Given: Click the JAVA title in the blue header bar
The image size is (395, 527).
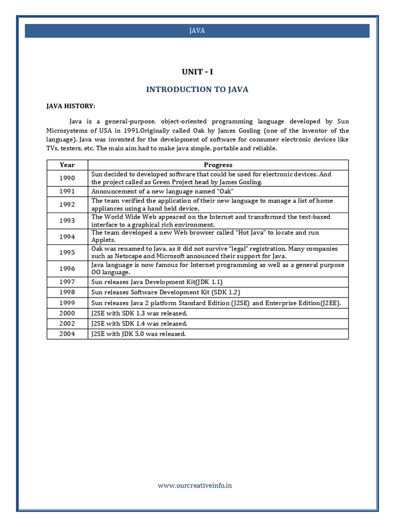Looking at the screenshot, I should tap(197, 30).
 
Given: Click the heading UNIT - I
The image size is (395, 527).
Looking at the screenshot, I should tap(197, 72).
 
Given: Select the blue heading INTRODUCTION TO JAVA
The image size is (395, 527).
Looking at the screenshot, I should tap(197, 90).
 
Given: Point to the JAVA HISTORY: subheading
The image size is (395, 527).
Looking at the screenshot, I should tap(71, 106).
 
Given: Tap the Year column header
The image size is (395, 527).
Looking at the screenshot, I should tap(67, 165).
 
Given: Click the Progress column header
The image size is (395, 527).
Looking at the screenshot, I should tap(218, 165).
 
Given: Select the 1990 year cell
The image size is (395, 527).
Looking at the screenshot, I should tap(67, 178).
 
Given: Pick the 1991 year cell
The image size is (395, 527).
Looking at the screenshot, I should tap(67, 191).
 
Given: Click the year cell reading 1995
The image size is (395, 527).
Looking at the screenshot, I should tap(67, 253).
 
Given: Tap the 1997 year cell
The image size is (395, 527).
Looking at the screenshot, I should tap(67, 282).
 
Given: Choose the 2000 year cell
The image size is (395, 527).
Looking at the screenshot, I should tap(67, 313).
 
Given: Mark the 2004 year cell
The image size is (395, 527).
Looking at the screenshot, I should tap(67, 333).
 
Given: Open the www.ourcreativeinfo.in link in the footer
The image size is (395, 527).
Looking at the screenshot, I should tap(194, 485).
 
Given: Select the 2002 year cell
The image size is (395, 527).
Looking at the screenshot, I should tap(67, 323).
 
